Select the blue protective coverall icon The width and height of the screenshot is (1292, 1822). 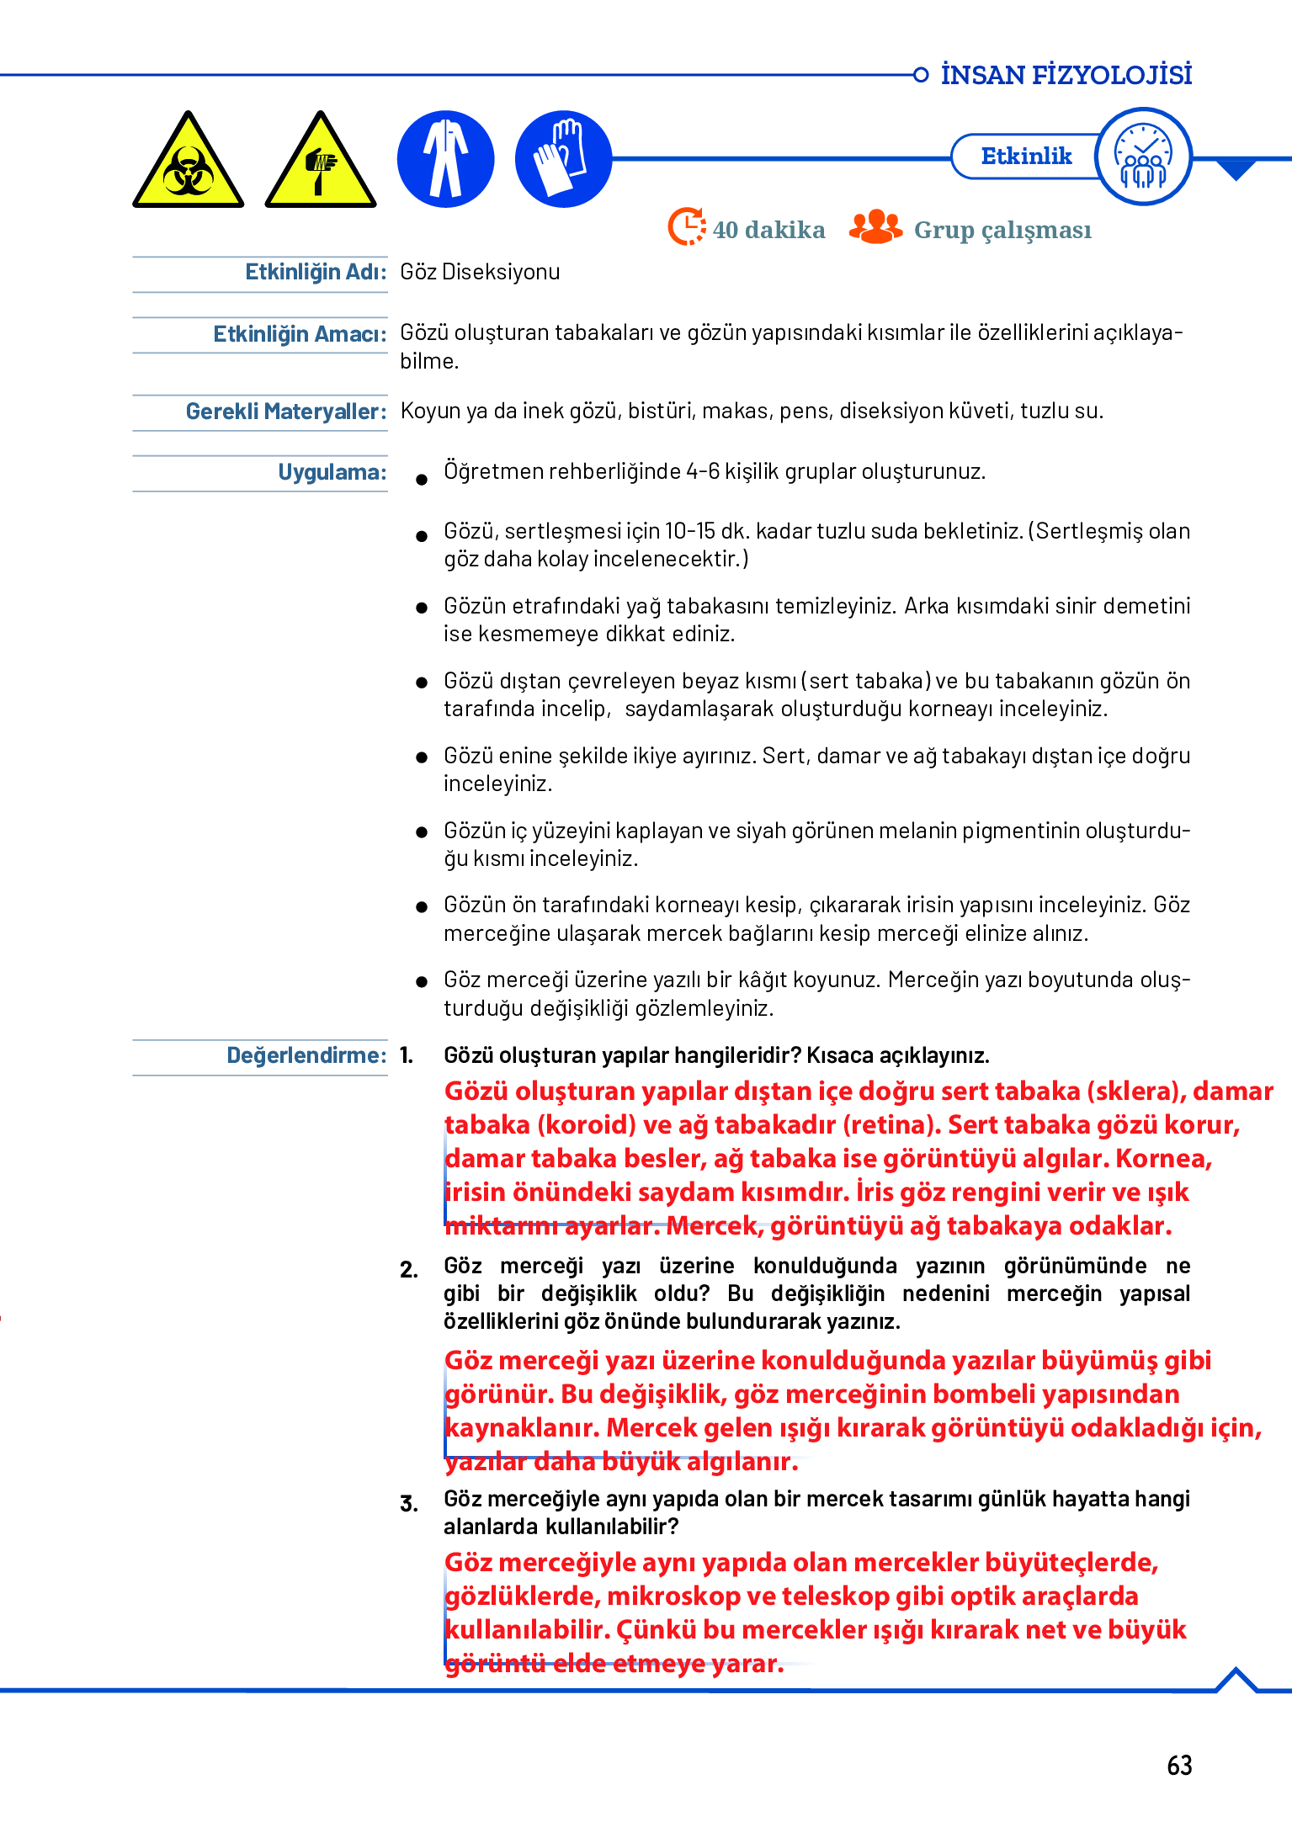point(445,159)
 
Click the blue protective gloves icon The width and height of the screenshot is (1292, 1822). point(562,159)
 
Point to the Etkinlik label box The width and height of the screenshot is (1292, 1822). point(1025,157)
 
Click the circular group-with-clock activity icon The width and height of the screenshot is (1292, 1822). point(1144,157)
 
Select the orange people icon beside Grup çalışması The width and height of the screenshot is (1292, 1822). point(875,227)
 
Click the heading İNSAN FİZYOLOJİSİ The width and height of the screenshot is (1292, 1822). point(1066,75)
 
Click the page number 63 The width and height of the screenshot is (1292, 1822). point(1179,1765)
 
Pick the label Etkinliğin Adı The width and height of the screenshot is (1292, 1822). point(315,272)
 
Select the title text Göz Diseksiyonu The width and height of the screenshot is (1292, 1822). point(480,272)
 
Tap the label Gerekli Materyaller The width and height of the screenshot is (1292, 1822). point(285,412)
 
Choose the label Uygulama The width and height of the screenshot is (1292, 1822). point(332,472)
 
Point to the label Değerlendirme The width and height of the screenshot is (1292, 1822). point(306,1055)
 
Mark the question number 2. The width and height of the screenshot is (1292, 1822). point(409,1270)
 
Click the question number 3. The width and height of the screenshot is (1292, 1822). point(409,1504)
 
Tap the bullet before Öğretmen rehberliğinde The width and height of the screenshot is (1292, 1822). point(422,480)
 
